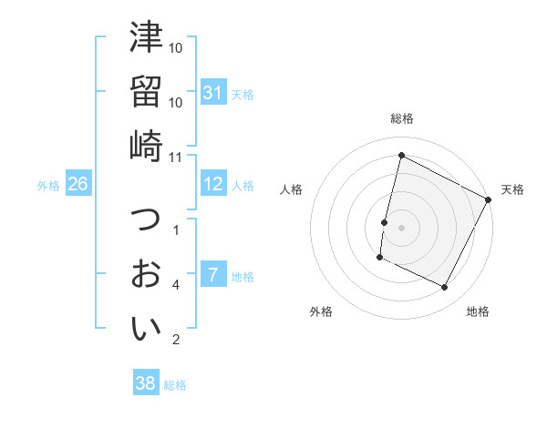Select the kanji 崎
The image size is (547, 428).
(147, 146)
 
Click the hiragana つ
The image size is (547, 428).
(147, 219)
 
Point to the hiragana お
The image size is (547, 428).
(147, 273)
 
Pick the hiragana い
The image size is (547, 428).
(147, 329)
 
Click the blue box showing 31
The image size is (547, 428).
(213, 93)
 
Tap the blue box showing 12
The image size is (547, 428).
(213, 184)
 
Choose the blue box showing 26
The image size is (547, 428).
(77, 184)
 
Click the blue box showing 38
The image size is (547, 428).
(146, 383)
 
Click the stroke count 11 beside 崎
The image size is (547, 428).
(176, 157)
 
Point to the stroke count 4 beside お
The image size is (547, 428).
(176, 284)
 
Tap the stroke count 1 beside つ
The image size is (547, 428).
(176, 229)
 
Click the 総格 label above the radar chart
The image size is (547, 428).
(402, 118)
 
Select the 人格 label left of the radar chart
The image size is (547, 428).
(291, 189)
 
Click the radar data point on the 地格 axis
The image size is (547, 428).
(445, 288)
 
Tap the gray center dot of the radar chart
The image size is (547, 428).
(402, 228)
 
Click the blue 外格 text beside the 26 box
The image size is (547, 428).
(48, 185)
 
